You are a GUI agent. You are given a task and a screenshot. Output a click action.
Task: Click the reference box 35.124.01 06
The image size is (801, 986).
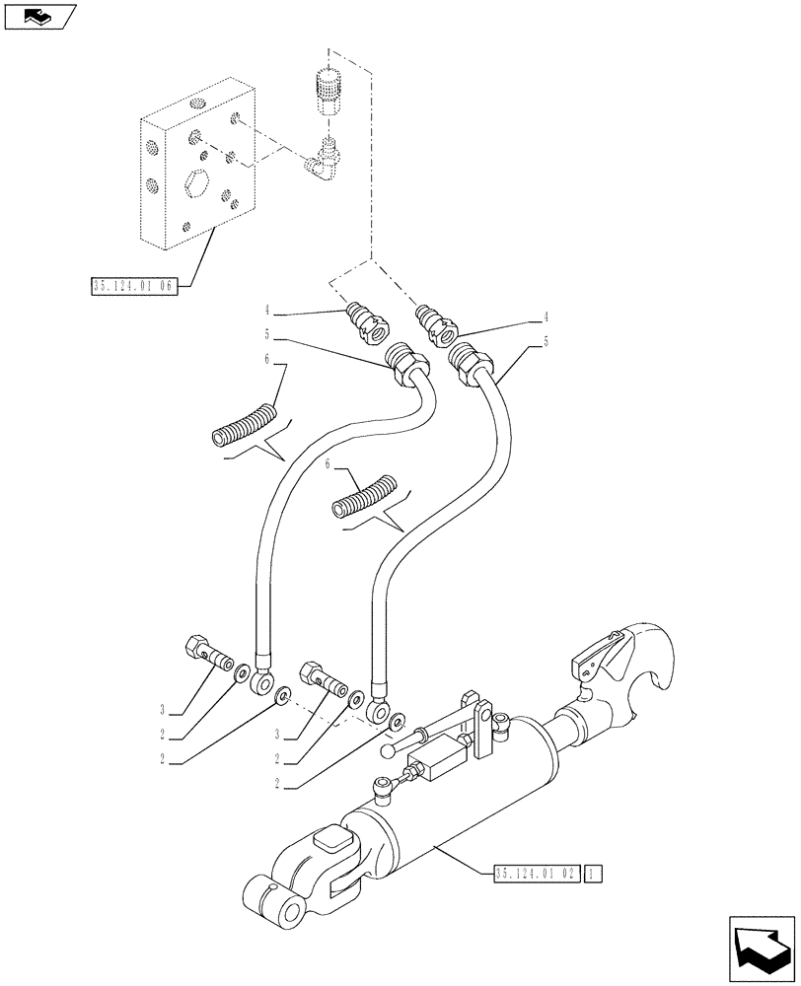pos(131,287)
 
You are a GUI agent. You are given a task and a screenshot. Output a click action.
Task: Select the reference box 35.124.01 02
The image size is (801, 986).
pos(535,873)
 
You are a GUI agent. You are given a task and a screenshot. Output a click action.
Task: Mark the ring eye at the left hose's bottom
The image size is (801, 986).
pos(261,681)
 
